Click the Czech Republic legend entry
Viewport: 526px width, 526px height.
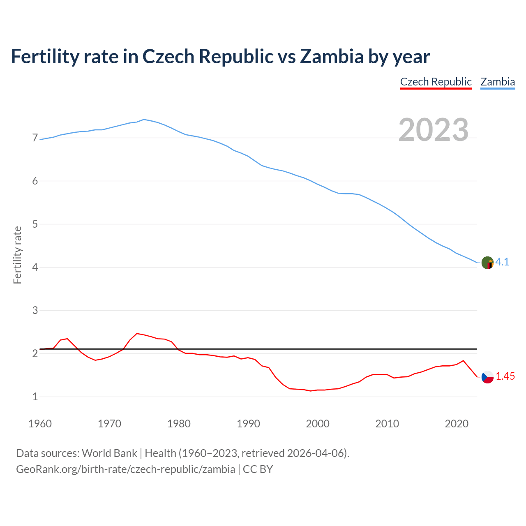click(436, 82)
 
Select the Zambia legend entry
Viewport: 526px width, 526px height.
click(498, 82)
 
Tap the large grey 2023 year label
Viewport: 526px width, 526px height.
click(434, 130)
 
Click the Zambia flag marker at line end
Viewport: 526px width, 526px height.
click(487, 263)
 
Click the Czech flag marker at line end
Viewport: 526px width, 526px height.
click(487, 377)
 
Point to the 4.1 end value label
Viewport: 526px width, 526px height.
click(502, 262)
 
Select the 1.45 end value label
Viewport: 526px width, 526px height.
click(505, 376)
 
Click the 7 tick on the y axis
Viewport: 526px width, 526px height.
click(35, 138)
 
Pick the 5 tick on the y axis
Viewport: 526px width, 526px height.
click(35, 224)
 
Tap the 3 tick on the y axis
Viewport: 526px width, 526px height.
click(35, 311)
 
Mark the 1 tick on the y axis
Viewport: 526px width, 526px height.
click(35, 397)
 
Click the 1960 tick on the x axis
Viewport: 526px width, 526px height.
click(40, 424)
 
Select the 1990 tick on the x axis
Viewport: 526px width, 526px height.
click(248, 424)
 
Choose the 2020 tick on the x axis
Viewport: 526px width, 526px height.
click(457, 424)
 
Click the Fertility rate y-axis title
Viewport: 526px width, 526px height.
click(17, 255)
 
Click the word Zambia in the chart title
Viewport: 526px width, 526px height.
click(332, 56)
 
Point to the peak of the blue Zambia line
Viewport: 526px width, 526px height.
click(143, 119)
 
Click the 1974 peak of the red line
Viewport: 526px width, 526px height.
click(137, 333)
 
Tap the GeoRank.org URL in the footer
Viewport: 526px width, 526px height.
click(125, 469)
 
